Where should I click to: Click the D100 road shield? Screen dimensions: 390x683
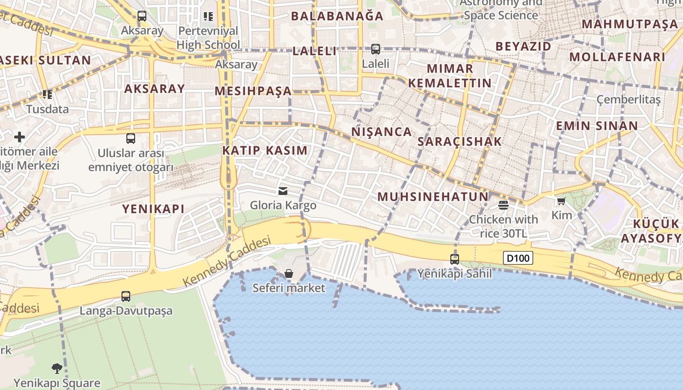click(518, 258)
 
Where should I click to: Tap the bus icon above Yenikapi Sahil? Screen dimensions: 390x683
click(454, 259)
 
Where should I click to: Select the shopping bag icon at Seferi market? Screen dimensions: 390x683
click(289, 273)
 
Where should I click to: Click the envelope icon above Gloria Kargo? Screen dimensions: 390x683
click(283, 191)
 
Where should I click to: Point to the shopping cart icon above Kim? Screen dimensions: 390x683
click(561, 201)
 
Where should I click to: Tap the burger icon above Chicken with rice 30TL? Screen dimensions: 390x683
click(503, 205)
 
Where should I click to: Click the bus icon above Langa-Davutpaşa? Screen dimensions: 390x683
click(126, 296)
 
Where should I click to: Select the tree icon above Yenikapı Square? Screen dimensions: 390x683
click(57, 368)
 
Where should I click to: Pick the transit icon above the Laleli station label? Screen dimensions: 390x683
click(375, 49)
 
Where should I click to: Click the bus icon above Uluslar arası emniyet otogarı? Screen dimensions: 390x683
click(131, 138)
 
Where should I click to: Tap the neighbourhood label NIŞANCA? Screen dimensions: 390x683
click(382, 132)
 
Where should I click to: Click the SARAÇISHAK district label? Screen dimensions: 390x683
click(460, 141)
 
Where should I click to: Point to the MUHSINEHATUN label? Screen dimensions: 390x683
click(433, 196)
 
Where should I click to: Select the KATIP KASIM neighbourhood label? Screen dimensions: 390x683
click(265, 150)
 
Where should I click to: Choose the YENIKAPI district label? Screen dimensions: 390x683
click(153, 209)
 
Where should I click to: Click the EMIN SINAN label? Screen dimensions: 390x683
click(597, 126)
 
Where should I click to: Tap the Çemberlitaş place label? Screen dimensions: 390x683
click(628, 100)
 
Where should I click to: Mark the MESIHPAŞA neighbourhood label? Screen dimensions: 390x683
click(253, 91)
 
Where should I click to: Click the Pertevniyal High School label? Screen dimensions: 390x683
click(208, 38)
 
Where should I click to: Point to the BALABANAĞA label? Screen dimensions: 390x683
click(338, 16)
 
